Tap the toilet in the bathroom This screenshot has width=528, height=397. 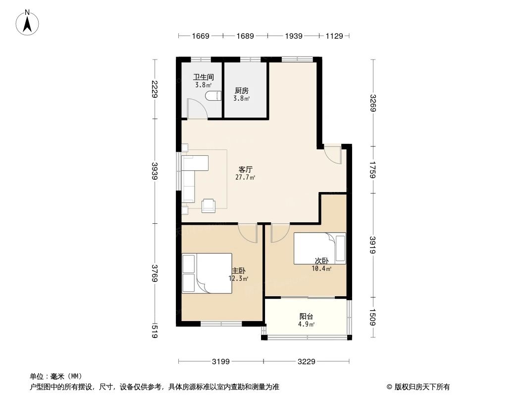pyautogui.click(x=214, y=96)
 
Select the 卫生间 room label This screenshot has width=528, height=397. pyautogui.click(x=203, y=77)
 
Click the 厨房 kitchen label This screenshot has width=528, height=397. pyautogui.click(x=241, y=91)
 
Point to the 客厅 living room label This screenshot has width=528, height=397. pyautogui.click(x=246, y=169)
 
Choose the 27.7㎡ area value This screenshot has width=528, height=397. pyautogui.click(x=246, y=177)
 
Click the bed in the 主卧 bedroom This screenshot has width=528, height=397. pyautogui.click(x=207, y=273)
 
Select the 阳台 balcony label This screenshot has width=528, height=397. pyautogui.click(x=306, y=316)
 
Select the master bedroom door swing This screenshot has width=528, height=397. pyautogui.click(x=248, y=232)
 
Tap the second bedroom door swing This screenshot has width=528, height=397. pyautogui.click(x=279, y=232)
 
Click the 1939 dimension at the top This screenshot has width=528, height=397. pyautogui.click(x=294, y=36)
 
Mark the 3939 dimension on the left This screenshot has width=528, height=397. pyautogui.click(x=155, y=171)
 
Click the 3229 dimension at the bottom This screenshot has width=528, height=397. pyautogui.click(x=307, y=361)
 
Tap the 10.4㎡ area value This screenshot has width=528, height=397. pyautogui.click(x=321, y=268)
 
